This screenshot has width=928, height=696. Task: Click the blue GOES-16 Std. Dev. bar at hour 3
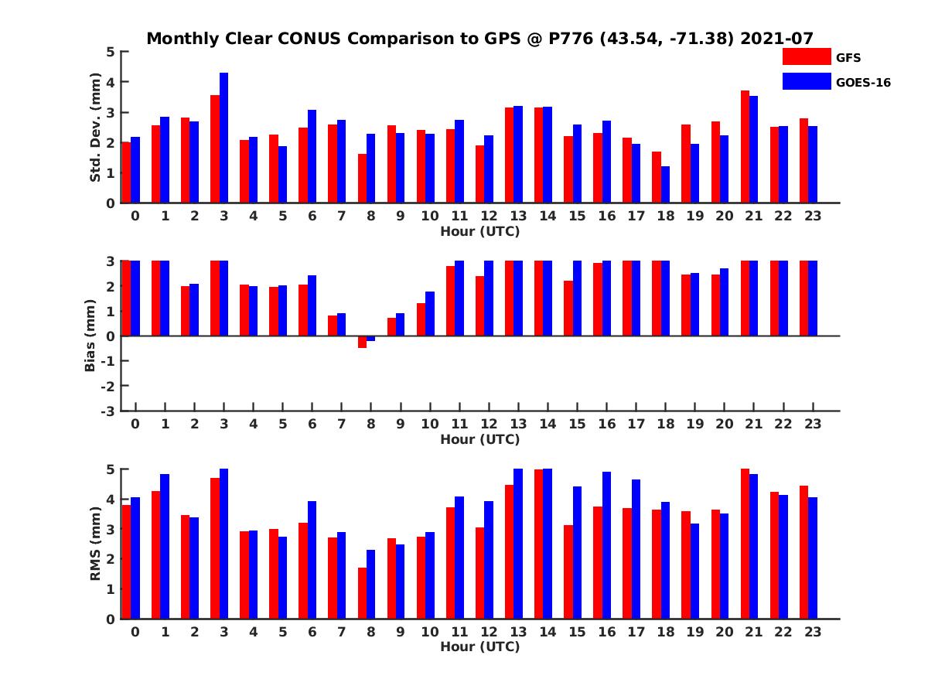click(x=223, y=138)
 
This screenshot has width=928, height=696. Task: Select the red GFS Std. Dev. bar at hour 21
click(x=745, y=147)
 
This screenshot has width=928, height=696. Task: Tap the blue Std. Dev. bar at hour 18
click(x=665, y=185)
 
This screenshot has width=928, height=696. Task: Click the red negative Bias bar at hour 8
click(x=362, y=342)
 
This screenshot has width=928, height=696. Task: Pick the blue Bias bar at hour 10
click(x=430, y=314)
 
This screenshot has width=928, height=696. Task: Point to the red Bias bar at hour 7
click(x=333, y=326)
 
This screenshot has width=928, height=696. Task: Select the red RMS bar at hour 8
click(x=362, y=593)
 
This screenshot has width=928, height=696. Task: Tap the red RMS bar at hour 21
click(x=745, y=544)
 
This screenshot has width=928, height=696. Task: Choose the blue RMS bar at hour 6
click(x=312, y=560)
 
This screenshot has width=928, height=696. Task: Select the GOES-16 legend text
click(x=863, y=82)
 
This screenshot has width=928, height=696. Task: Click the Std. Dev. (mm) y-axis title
click(x=95, y=128)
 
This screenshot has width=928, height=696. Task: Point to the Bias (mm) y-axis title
click(x=90, y=336)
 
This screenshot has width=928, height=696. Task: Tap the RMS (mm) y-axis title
click(x=95, y=544)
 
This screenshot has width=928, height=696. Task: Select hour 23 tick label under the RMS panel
click(x=812, y=631)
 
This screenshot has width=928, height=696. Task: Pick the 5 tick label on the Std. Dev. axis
click(x=111, y=52)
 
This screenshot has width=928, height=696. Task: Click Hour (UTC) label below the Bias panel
click(x=479, y=439)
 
